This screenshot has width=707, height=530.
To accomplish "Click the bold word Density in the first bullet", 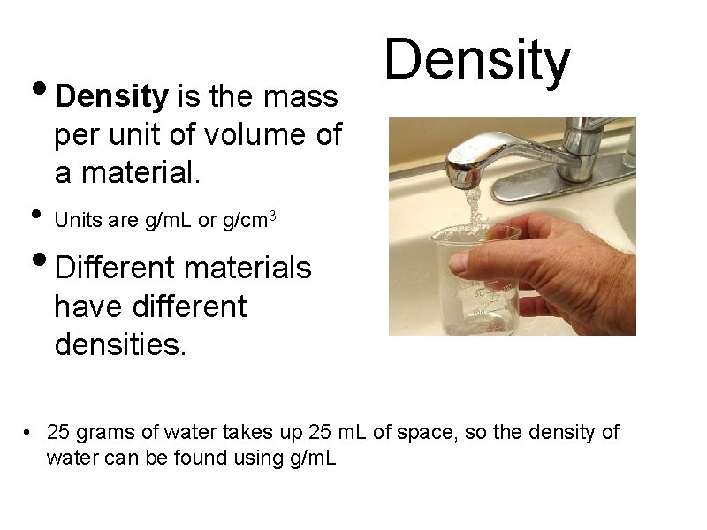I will click(111, 95).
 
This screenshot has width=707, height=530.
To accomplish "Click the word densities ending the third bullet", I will click(120, 343).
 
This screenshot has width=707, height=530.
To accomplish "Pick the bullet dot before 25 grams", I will click(29, 433).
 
